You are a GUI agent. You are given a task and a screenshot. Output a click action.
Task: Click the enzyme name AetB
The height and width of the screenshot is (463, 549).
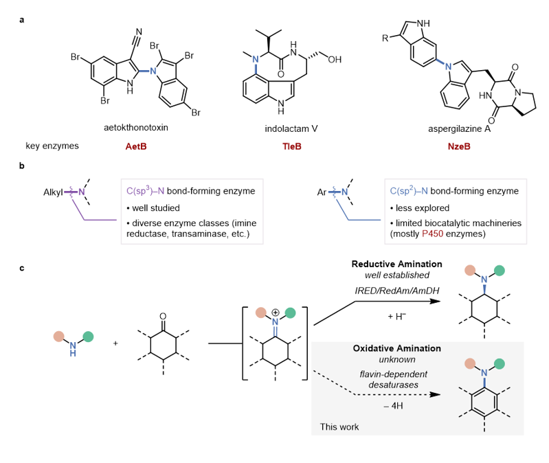point(132,146)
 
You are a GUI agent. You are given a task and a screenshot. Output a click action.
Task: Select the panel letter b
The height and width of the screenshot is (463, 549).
point(22,166)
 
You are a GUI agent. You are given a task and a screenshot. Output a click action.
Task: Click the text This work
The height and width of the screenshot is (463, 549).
point(339,427)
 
